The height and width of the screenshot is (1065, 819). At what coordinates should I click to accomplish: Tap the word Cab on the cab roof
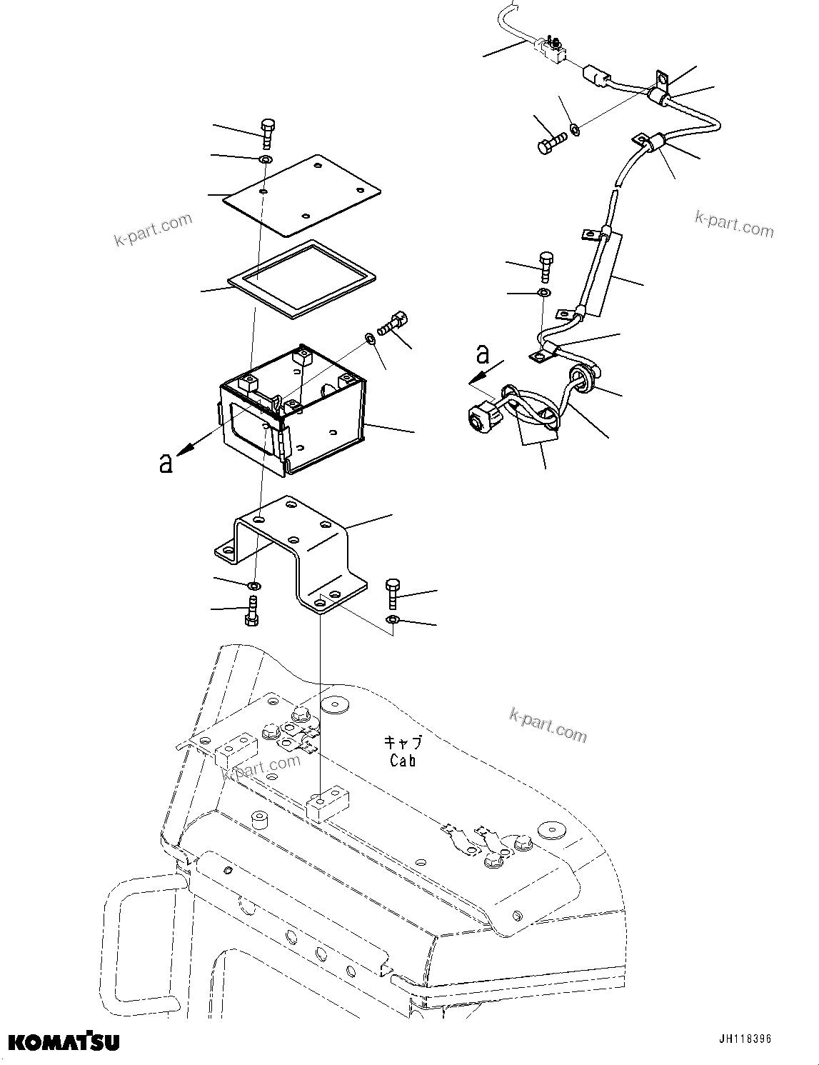click(403, 761)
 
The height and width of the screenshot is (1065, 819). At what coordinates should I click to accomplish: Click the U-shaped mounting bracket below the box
click(293, 550)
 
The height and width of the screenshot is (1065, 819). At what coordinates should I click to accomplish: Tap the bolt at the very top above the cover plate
click(268, 133)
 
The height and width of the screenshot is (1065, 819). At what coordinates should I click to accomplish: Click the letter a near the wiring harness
click(483, 353)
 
